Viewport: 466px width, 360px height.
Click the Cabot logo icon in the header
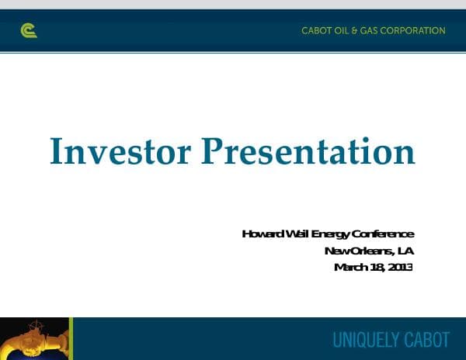pos(29,31)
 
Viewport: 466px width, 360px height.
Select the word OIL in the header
pos(343,31)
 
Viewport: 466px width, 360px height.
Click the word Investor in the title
pos(120,151)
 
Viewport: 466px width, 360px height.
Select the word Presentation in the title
pos(308,151)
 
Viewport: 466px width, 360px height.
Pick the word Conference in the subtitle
pos(383,234)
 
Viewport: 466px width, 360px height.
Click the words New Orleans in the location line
pos(357,251)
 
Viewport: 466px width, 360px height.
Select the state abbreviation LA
pos(405,251)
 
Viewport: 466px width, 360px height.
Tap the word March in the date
pos(349,268)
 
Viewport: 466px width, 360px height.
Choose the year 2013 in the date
pos(400,268)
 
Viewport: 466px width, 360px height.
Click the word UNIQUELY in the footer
pos(365,340)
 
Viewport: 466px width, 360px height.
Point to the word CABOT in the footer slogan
pos(426,340)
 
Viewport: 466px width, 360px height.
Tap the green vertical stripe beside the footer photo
pos(71,338)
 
